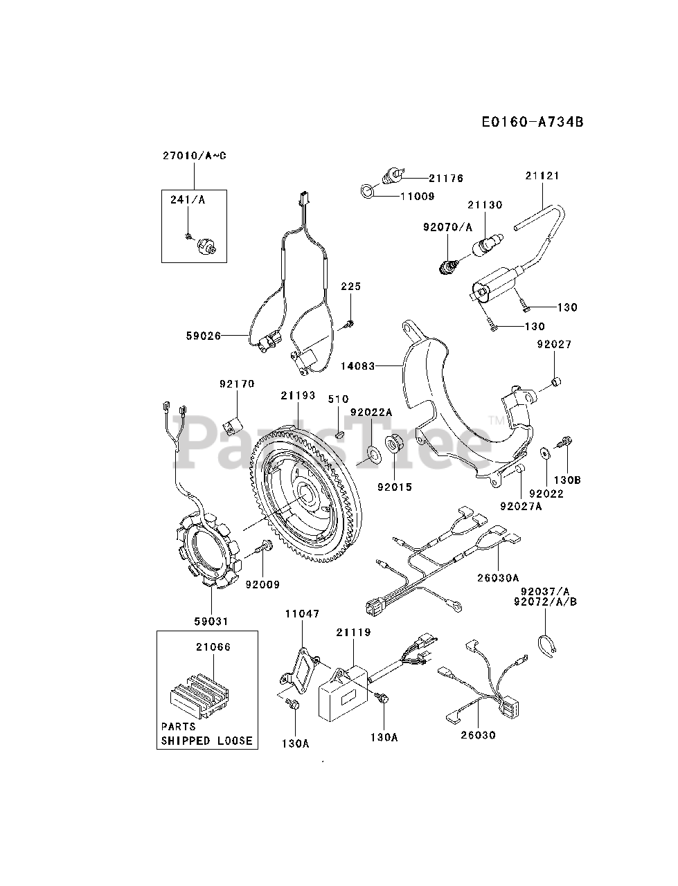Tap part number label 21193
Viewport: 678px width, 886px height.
(298, 396)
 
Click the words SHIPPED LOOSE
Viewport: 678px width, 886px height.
(207, 740)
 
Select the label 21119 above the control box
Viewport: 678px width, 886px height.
(353, 632)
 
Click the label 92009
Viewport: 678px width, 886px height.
(262, 585)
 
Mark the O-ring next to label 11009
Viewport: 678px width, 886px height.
(367, 189)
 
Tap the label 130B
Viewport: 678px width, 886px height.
(567, 480)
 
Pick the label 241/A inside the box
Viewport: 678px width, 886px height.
(188, 200)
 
